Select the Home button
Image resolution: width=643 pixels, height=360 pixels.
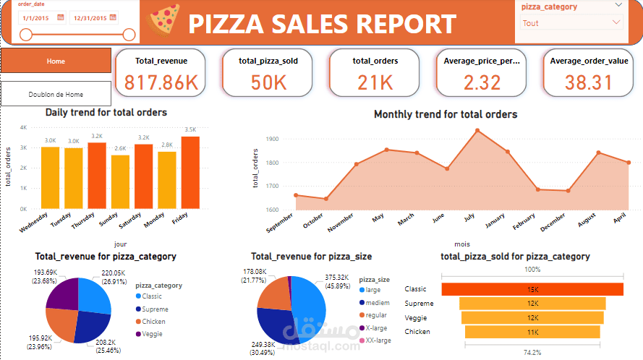click(x=56, y=61)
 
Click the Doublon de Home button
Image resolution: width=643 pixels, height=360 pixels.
click(x=56, y=94)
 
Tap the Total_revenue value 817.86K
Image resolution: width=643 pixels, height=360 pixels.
click(x=161, y=83)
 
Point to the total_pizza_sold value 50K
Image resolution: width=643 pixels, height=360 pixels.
click(x=268, y=83)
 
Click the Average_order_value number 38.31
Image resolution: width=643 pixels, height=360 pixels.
click(x=589, y=83)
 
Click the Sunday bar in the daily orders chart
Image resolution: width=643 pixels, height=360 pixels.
click(x=120, y=181)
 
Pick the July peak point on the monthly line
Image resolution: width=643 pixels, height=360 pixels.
click(x=477, y=130)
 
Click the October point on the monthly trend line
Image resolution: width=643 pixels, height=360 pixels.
click(x=325, y=199)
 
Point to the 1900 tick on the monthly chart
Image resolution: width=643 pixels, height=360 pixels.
click(x=272, y=139)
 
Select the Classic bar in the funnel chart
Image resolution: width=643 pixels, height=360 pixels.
click(x=532, y=289)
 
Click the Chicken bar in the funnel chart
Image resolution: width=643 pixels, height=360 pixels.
click(x=532, y=332)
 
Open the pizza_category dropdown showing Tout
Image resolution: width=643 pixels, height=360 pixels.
click(x=571, y=22)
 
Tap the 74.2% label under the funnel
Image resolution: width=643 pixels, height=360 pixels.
click(x=532, y=351)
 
